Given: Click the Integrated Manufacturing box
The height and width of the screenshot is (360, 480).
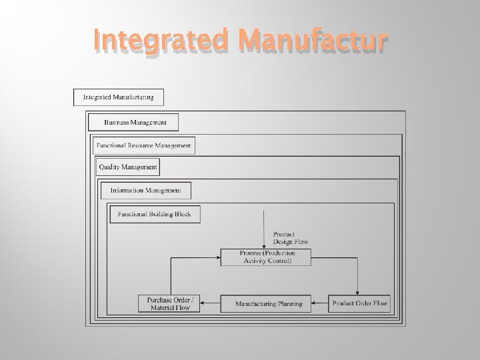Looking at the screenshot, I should tap(118, 97).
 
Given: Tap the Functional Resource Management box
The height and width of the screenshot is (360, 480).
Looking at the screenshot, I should tap(143, 145).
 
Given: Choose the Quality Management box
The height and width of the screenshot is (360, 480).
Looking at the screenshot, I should tap(128, 167).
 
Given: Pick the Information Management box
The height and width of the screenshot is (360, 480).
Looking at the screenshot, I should tap(145, 191).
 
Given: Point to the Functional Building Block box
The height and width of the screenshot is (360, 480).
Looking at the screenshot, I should tap(154, 214).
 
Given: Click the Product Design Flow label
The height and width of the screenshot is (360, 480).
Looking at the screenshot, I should tap(291, 238).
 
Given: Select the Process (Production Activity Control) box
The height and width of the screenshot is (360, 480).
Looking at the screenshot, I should tap(266, 257).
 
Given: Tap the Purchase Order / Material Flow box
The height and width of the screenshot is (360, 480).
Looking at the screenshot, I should tap(169, 304).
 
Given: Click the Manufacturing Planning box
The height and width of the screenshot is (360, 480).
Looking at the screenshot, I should tap(269, 304).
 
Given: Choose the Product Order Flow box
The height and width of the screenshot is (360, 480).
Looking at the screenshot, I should tap(359, 304).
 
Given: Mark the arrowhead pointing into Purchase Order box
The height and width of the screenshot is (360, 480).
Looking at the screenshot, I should tap(203, 304).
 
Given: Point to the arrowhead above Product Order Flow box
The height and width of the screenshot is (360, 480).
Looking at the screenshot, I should tap(359, 291).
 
